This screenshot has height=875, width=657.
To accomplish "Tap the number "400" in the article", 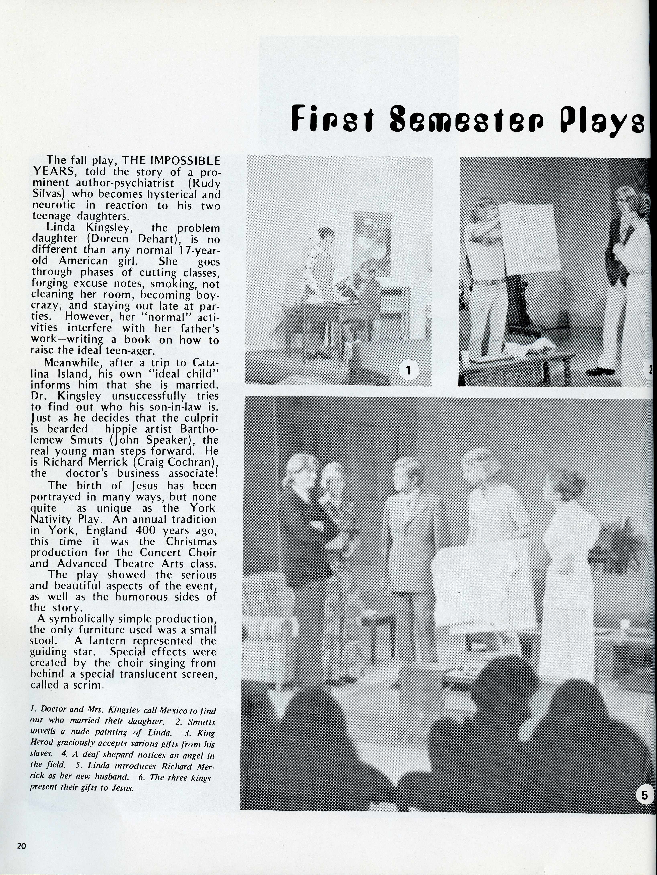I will click(146, 530).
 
